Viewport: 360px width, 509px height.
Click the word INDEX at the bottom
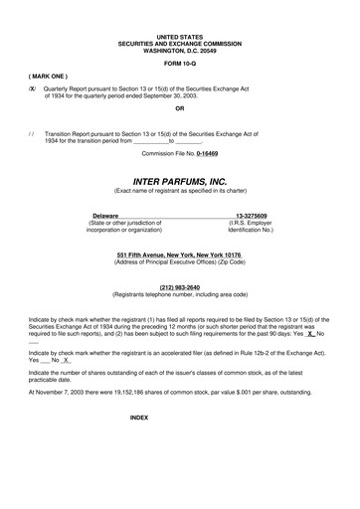(x=139, y=419)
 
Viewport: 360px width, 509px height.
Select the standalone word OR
(x=179, y=108)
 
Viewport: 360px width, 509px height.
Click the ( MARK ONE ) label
(x=49, y=75)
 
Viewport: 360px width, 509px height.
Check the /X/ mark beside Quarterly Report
(x=33, y=88)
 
